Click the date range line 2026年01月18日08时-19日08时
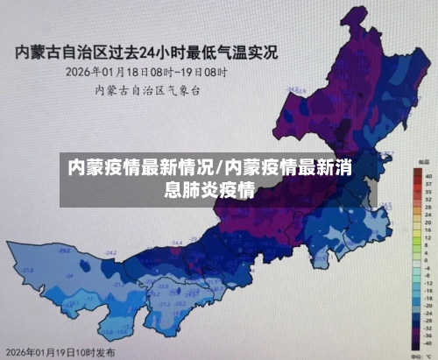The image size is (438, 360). point(145,72)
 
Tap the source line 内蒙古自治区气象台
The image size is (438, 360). point(145,88)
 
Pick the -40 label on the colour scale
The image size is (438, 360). point(428,343)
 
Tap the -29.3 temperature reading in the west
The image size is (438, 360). point(64,251)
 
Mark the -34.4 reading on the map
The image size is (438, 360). point(177,242)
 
